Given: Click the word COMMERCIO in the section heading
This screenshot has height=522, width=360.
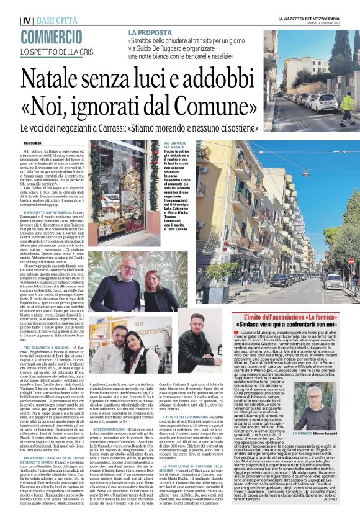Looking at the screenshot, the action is click(49, 37).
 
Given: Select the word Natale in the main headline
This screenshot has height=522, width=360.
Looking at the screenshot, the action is click(53, 79).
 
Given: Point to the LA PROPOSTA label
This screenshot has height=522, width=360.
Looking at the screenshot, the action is click(150, 32).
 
